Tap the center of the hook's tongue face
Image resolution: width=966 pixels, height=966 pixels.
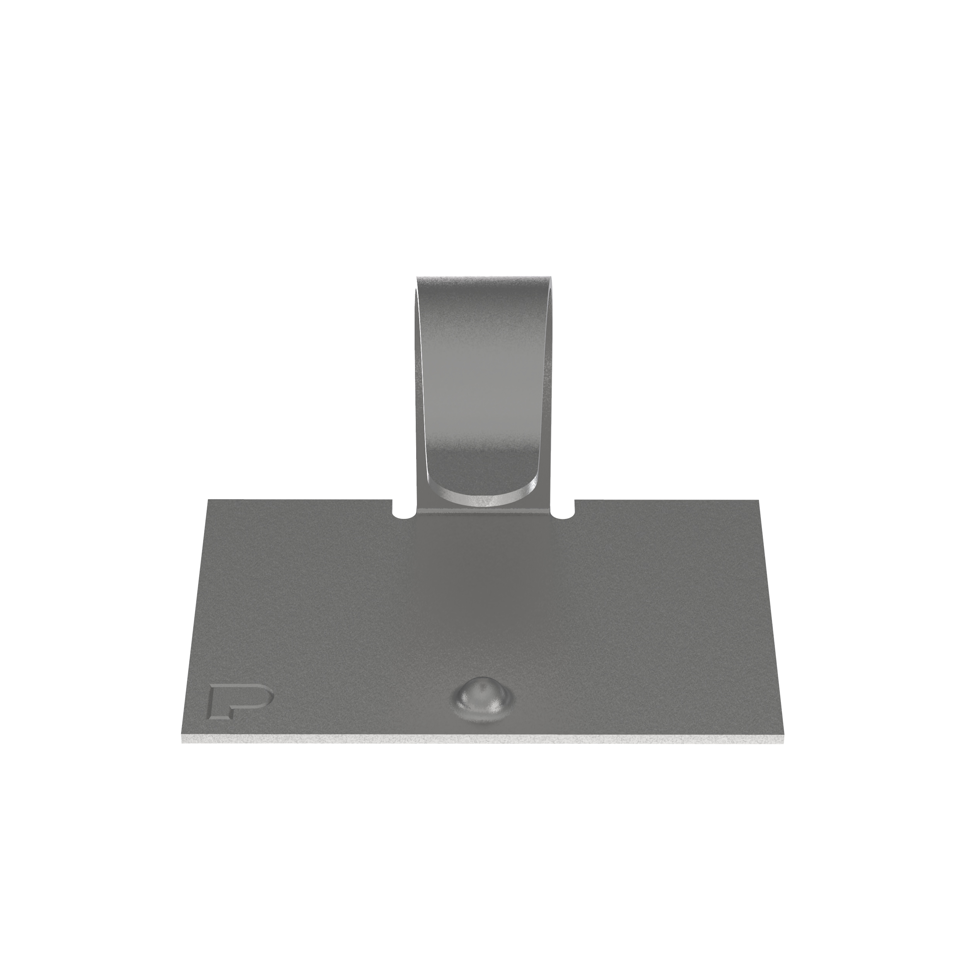[483, 390]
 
